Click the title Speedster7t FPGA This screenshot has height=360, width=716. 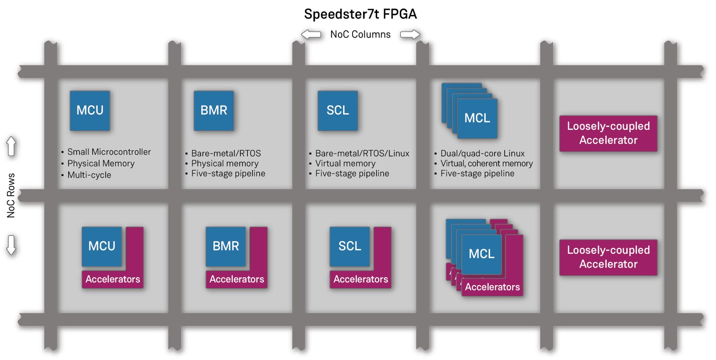(x=360, y=14)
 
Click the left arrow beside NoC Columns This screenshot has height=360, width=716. (x=311, y=34)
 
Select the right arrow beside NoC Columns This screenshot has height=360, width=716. (x=410, y=34)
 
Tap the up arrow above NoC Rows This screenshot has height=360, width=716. (x=11, y=147)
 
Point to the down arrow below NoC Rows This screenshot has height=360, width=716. (x=11, y=245)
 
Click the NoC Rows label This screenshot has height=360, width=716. (x=11, y=196)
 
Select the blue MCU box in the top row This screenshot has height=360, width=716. (x=90, y=111)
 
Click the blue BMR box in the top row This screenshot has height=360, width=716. (x=214, y=111)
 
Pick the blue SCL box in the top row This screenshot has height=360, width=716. (x=337, y=111)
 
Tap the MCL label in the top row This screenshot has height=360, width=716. (x=477, y=118)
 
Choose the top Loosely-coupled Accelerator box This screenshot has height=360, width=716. (x=608, y=134)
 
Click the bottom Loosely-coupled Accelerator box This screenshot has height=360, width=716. (x=608, y=257)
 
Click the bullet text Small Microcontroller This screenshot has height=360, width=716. (x=109, y=152)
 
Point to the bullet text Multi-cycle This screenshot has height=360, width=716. (x=89, y=175)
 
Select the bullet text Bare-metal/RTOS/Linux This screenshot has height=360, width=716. (x=362, y=153)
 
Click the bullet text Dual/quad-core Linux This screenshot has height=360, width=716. (x=482, y=153)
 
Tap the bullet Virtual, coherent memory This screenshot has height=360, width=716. (x=487, y=163)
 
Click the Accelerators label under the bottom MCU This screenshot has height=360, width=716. (x=113, y=279)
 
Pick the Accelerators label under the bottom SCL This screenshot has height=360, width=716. (x=361, y=279)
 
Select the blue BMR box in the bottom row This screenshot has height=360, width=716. (x=226, y=246)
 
